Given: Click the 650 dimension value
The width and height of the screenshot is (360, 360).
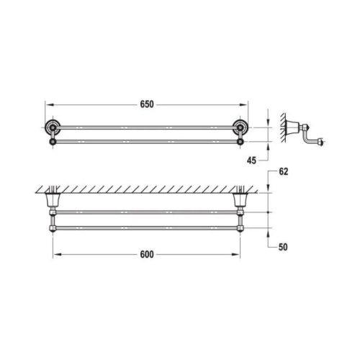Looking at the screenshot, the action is click(x=147, y=104).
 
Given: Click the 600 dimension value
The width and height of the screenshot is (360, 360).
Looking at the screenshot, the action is click(x=147, y=254).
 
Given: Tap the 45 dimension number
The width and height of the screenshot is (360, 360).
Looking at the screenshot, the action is click(x=251, y=161).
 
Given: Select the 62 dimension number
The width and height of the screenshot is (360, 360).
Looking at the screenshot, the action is click(x=283, y=171).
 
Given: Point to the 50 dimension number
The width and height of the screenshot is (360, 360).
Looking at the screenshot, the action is click(x=283, y=247).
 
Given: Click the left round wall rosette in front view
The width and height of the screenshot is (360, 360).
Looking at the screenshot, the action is click(x=53, y=127).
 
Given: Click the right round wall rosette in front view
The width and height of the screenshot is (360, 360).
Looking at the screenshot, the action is click(x=240, y=127).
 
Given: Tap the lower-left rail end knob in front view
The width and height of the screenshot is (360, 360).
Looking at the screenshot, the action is click(x=53, y=142).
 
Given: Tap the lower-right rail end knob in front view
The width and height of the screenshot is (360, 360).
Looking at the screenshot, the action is click(x=240, y=142).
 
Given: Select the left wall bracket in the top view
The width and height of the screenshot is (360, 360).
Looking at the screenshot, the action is click(x=53, y=200).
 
